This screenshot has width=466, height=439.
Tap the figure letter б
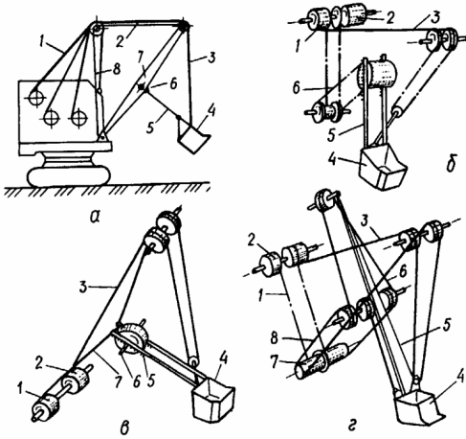[x=451, y=163]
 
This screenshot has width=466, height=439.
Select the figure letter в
[x=123, y=427]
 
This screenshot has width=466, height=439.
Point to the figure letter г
[x=353, y=426]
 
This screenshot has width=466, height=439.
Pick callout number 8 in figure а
[x=116, y=69]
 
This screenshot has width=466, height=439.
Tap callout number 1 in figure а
[x=41, y=42]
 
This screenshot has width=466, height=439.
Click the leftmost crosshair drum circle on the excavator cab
[x=35, y=98]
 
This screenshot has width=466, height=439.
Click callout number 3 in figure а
[x=211, y=58]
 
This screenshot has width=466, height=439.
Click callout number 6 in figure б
[x=297, y=87]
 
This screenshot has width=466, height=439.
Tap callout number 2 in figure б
[x=389, y=18]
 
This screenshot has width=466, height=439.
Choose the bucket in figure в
[x=212, y=400]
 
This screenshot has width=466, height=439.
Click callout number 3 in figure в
[x=83, y=288]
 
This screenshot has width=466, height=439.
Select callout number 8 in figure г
[x=275, y=338]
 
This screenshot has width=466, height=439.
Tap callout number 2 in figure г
[x=252, y=241]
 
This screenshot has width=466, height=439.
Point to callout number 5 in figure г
[x=447, y=325]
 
